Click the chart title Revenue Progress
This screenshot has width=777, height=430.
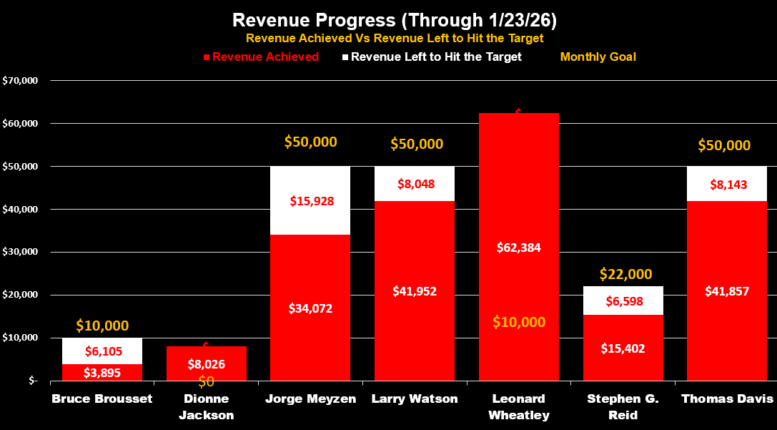point(388,19)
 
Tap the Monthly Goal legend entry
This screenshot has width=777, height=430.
point(598,57)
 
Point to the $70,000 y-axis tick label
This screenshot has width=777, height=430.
point(21,81)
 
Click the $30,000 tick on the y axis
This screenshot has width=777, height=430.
point(21,253)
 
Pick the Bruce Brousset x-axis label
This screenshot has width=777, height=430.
point(102,399)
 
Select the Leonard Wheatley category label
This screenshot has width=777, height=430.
point(519,406)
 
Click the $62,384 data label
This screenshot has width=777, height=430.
point(519,248)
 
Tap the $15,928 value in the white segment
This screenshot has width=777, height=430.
point(312,201)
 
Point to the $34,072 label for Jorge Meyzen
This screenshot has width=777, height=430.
point(310,308)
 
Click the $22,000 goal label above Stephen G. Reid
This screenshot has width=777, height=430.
point(625,274)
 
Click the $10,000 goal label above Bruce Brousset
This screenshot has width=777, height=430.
point(102,326)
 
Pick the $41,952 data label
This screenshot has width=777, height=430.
point(415,291)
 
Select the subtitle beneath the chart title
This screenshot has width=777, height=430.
point(395,39)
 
